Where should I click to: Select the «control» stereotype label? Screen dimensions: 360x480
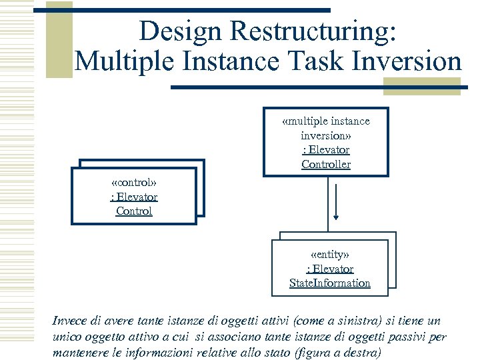tap(134, 182)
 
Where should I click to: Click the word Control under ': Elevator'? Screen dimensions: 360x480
tap(134, 211)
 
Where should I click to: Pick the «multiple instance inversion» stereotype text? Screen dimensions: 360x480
tap(326, 128)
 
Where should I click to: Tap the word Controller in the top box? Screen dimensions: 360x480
tap(326, 164)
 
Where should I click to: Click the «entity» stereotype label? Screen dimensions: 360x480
tap(330, 254)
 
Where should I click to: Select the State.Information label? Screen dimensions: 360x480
tap(330, 283)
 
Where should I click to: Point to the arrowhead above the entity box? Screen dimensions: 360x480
tap(336, 217)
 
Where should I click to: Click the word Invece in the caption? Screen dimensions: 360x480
tap(70, 321)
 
